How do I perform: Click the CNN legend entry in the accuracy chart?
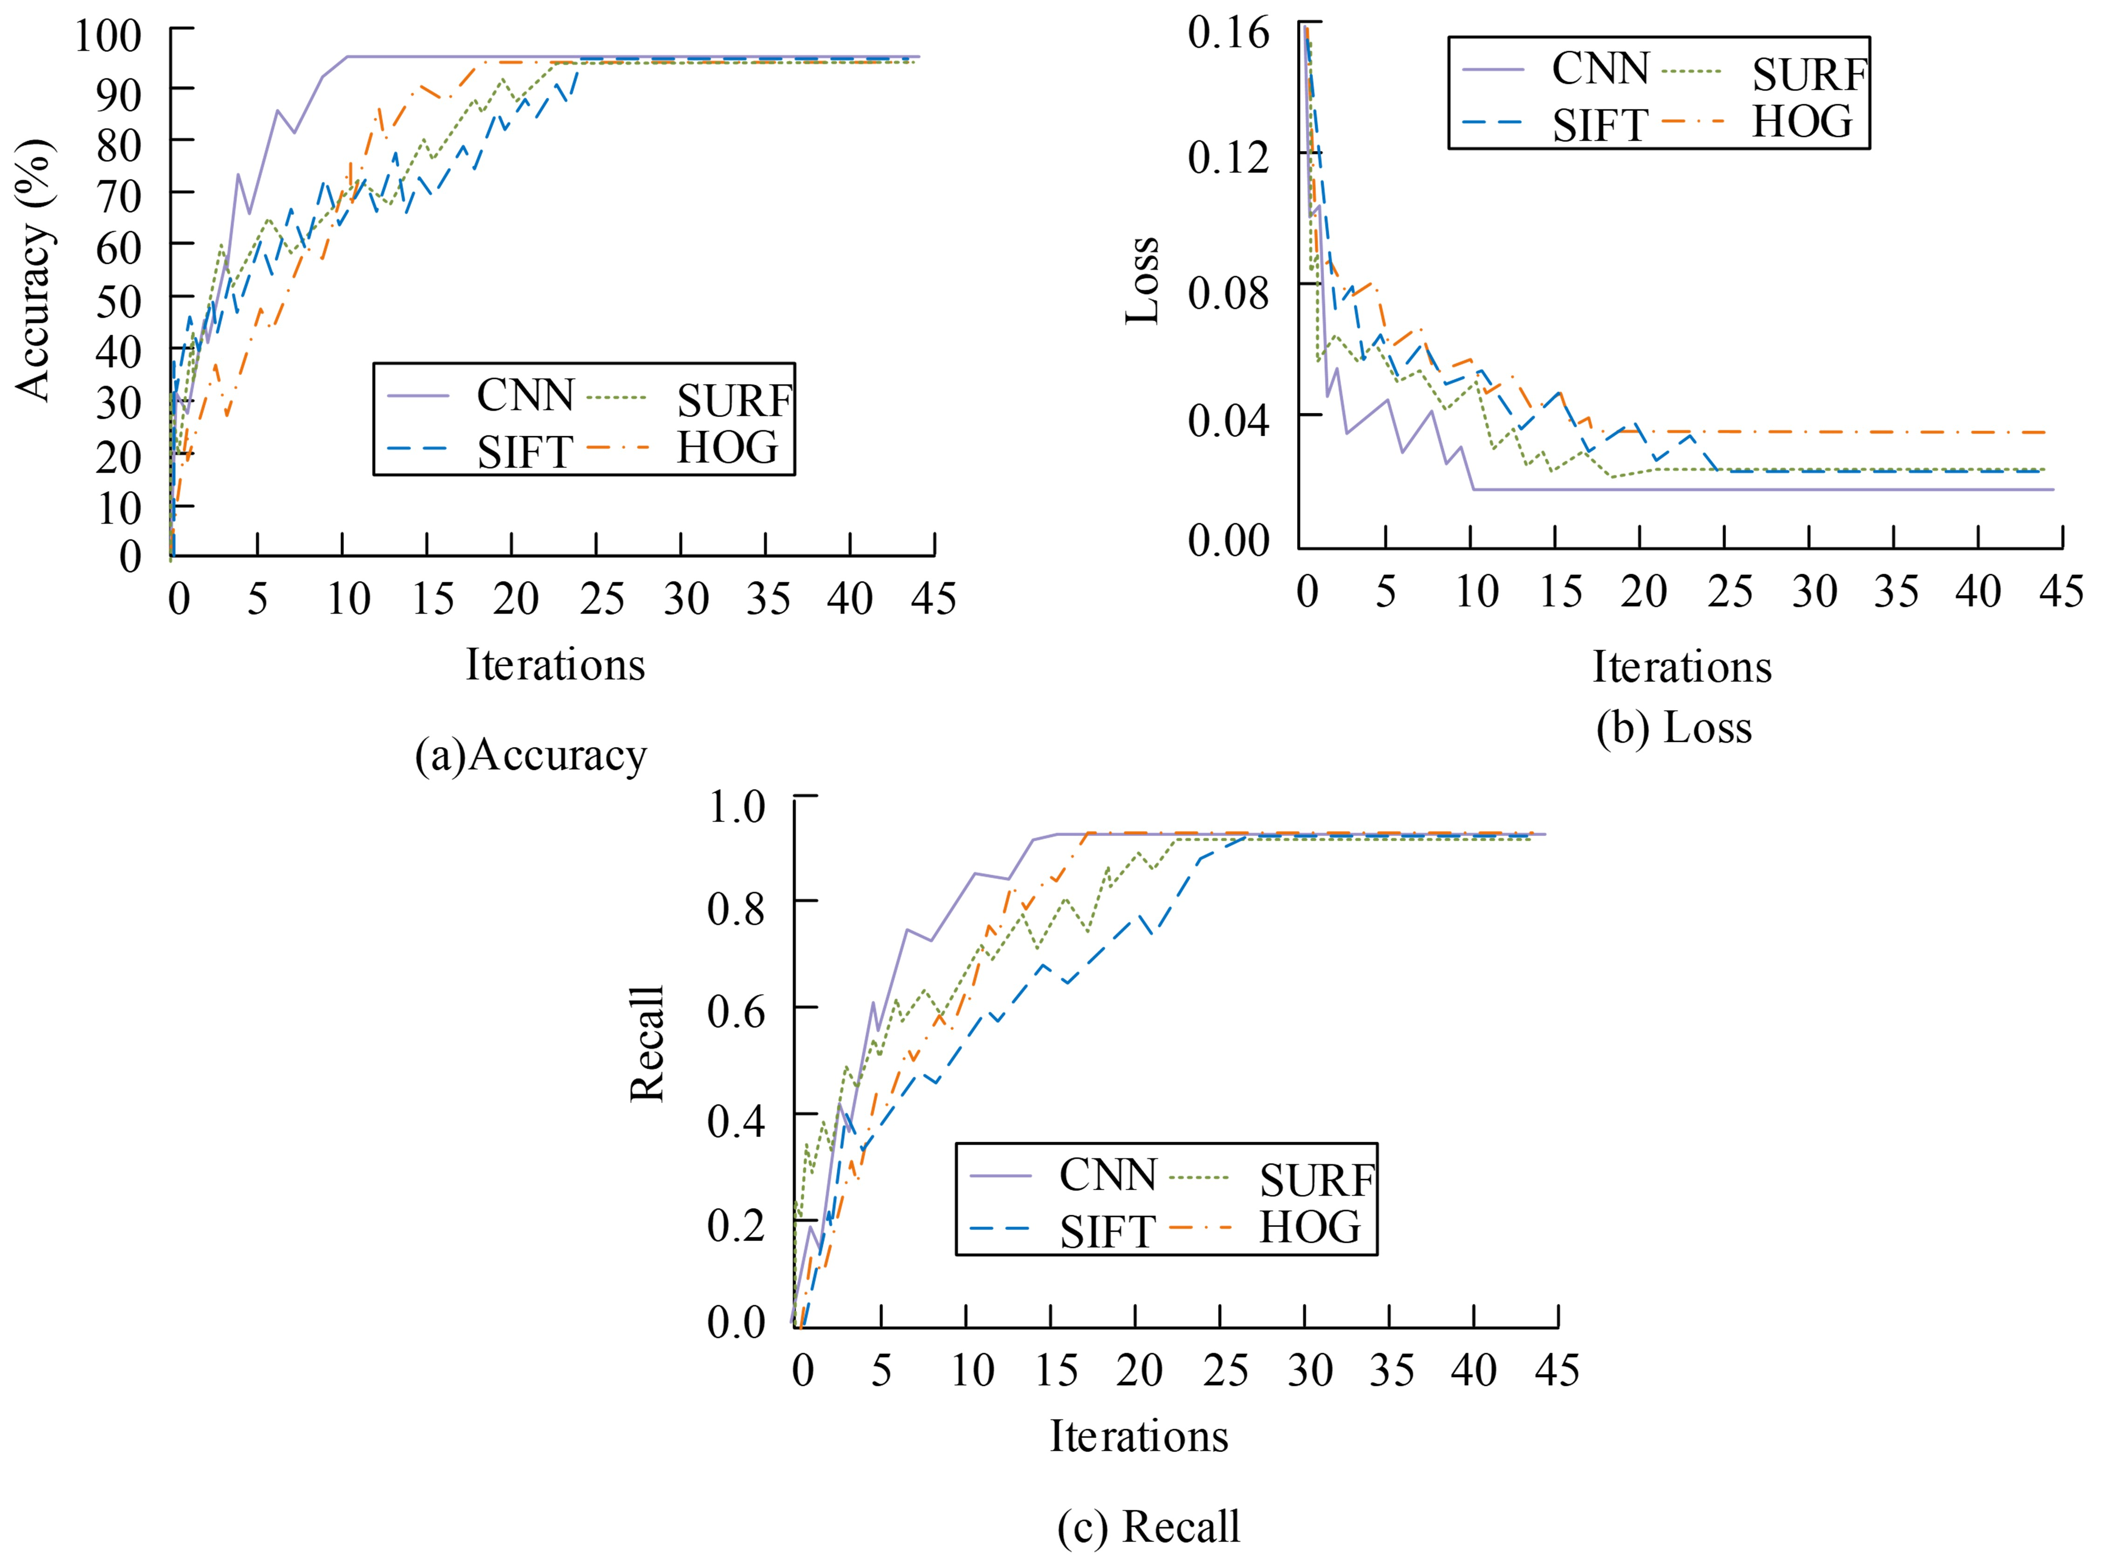coord(525,396)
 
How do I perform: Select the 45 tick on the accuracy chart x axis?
coord(933,599)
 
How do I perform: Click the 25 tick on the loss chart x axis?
coord(1729,591)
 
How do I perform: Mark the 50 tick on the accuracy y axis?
coord(119,302)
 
